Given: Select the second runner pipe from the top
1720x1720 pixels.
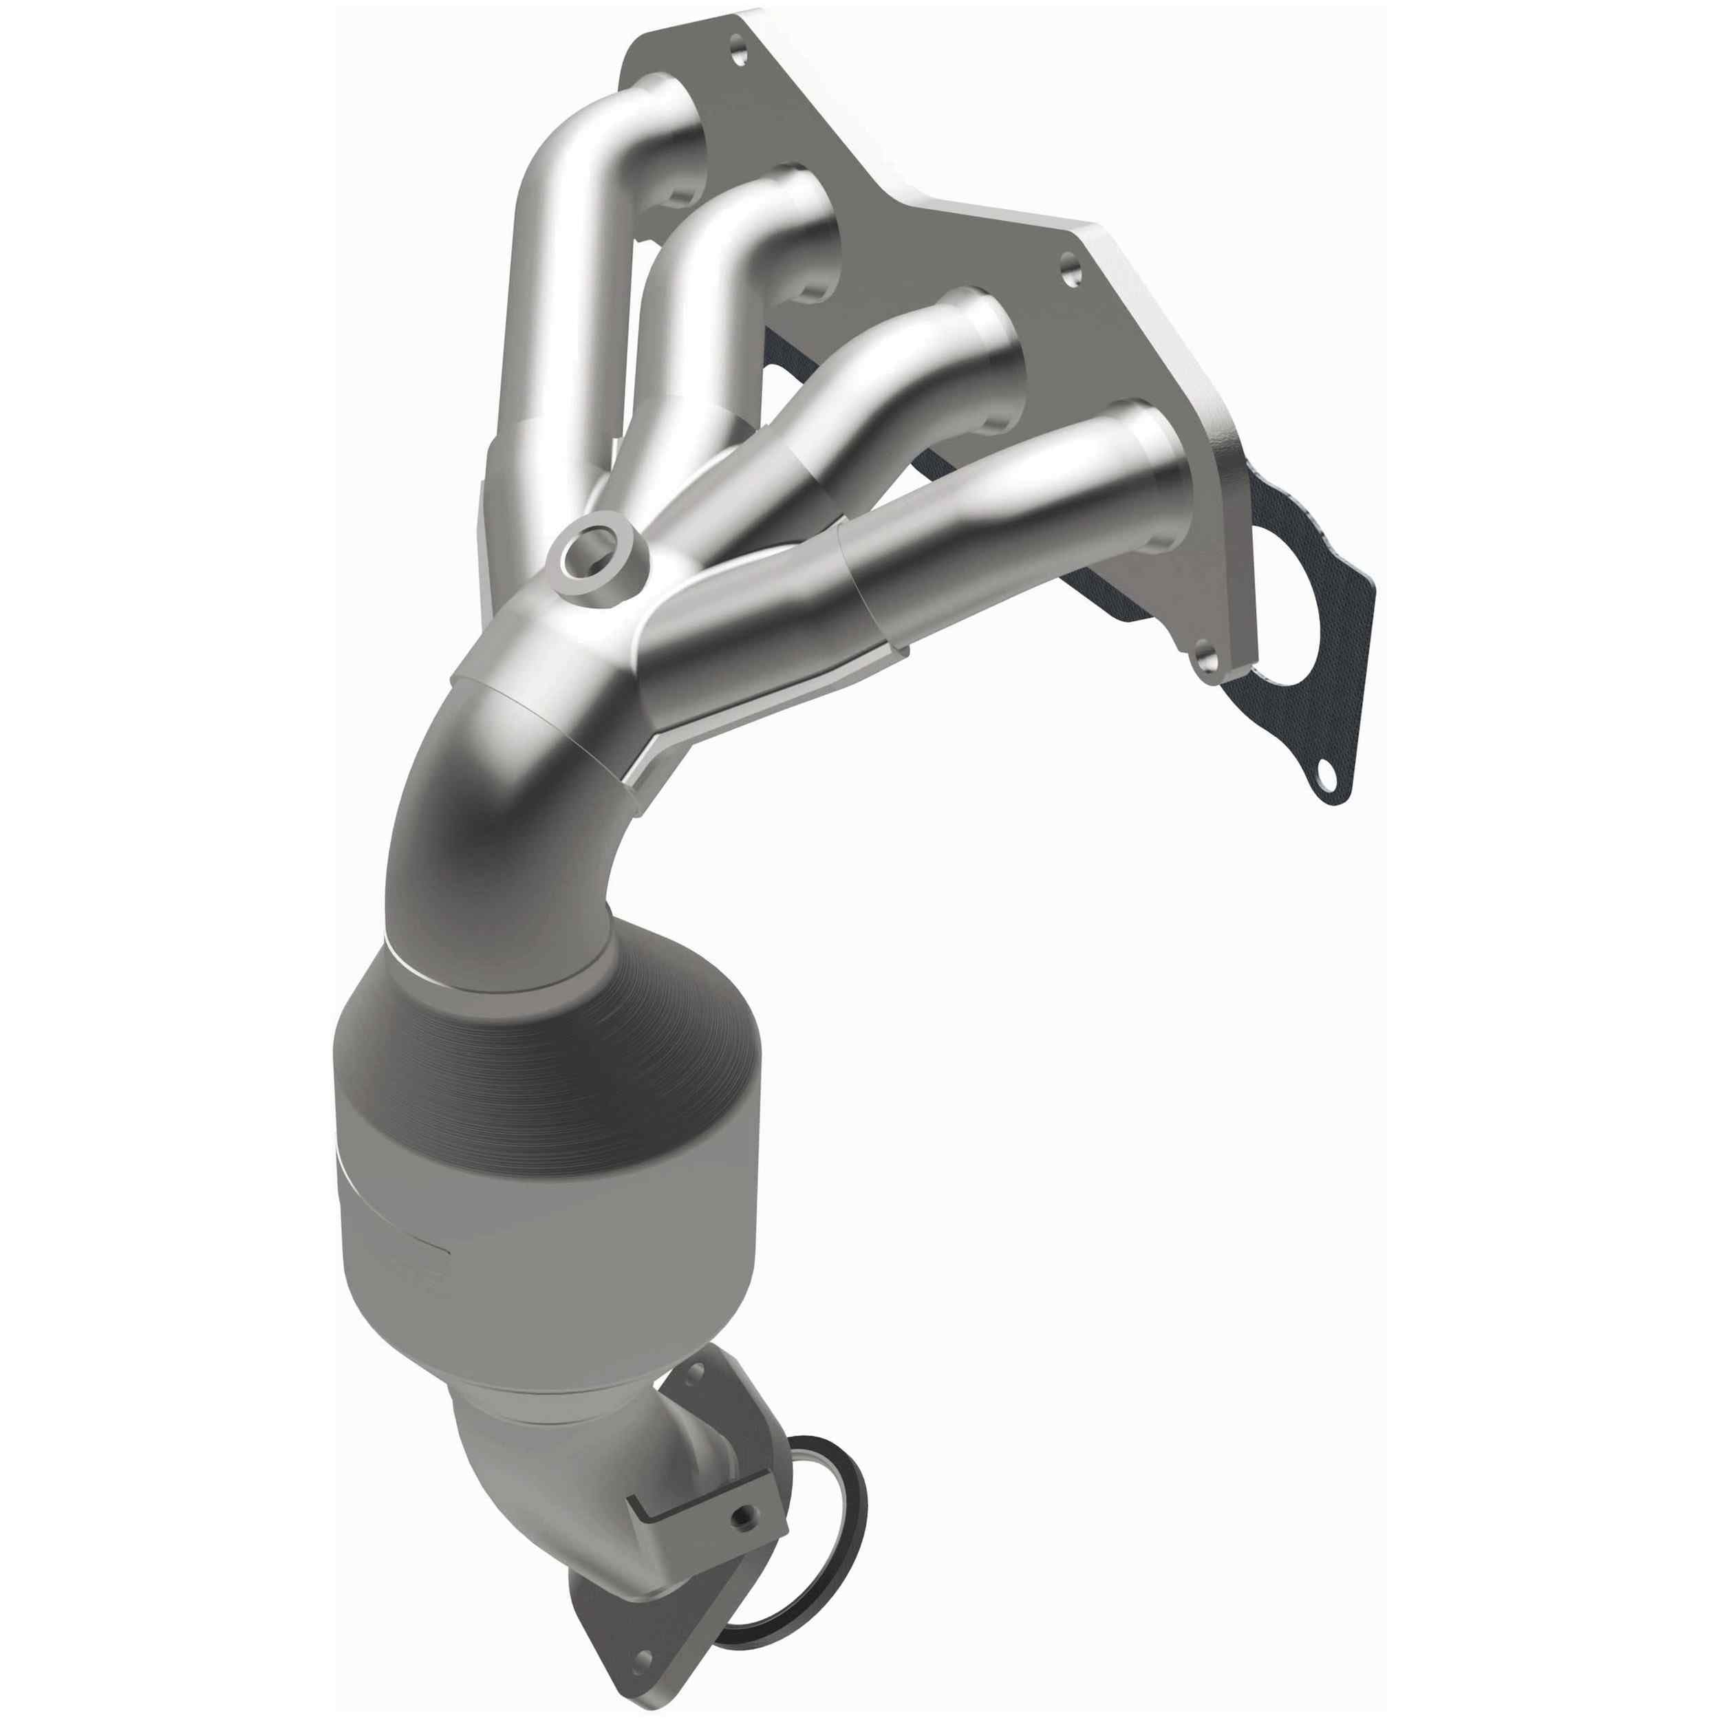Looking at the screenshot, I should coord(712,267).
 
